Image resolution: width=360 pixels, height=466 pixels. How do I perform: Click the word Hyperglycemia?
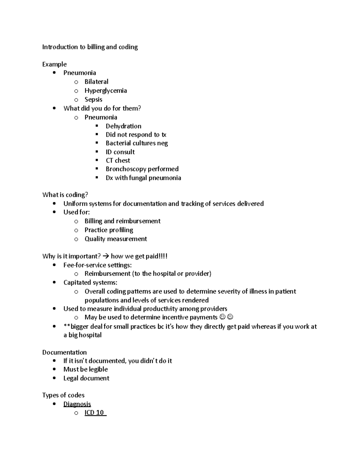[x=106, y=91]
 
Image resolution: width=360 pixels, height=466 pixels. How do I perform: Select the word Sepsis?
[x=93, y=100]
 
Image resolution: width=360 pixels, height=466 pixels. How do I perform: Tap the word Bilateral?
[x=96, y=82]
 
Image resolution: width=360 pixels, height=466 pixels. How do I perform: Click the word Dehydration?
[x=123, y=126]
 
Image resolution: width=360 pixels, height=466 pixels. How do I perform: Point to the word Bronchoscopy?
[x=126, y=169]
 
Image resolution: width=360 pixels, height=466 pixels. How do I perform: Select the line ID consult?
[x=120, y=152]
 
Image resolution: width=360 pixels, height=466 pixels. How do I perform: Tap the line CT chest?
[x=118, y=161]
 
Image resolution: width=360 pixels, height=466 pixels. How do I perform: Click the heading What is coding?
[x=65, y=195]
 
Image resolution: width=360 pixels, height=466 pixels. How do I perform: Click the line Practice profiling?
[x=109, y=230]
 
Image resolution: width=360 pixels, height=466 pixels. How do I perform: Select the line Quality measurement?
[x=115, y=239]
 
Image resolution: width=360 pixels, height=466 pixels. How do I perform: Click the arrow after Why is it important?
[x=106, y=256]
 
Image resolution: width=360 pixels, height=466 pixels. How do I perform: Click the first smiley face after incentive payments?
[x=222, y=317]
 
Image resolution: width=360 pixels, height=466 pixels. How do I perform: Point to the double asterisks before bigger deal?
[x=67, y=326]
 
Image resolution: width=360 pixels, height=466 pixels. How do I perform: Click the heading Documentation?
[x=64, y=352]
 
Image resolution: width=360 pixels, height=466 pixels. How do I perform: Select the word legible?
[x=98, y=369]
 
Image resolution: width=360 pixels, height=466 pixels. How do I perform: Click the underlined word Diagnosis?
[x=77, y=404]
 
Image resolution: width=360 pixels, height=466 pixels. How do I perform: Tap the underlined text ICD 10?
[x=95, y=413]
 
